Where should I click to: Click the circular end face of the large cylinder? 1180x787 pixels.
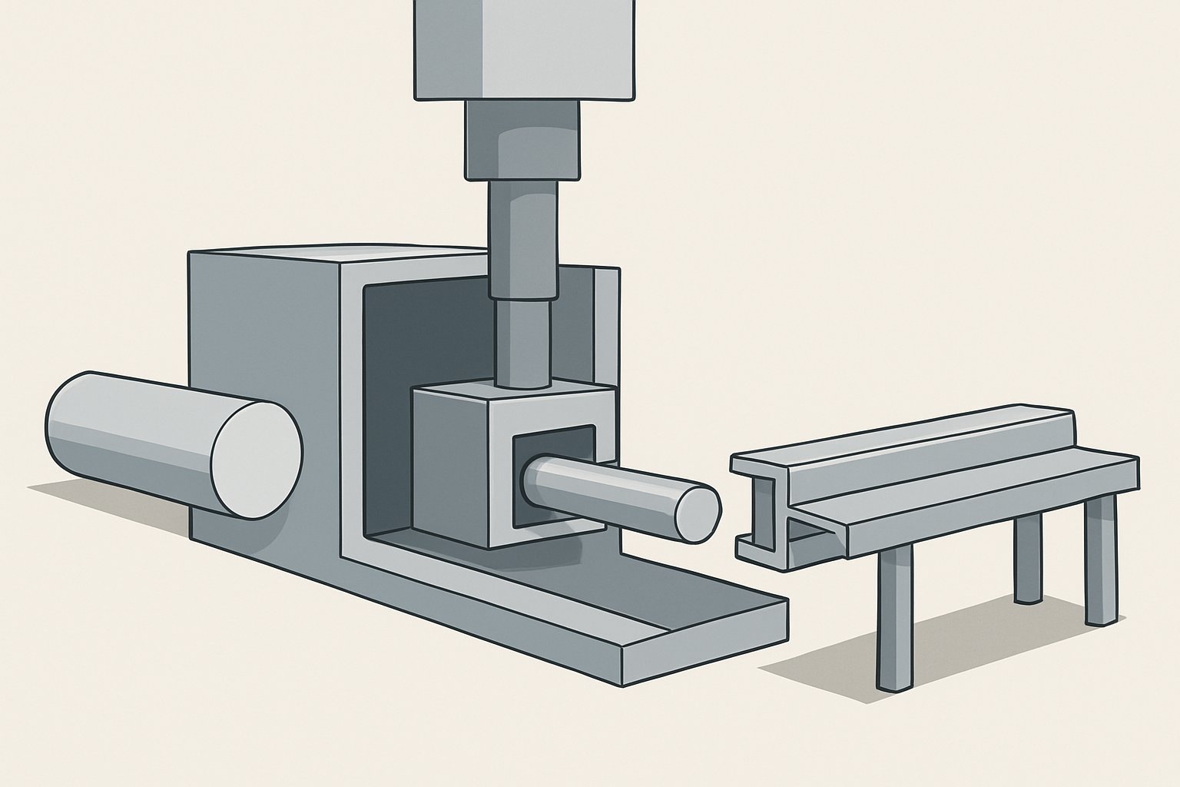257,457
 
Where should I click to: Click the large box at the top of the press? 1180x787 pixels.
525,46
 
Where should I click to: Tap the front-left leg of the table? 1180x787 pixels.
894,615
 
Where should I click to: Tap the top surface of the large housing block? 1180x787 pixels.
338,258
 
